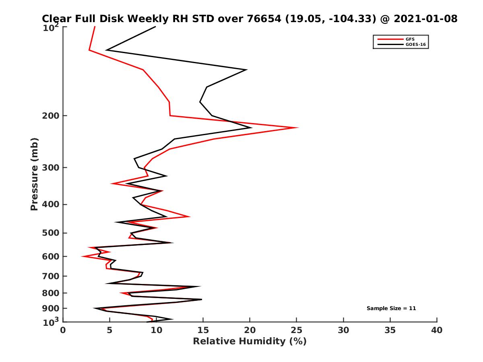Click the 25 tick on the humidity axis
click(297, 330)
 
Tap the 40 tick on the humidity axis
click(437, 330)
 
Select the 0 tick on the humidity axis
click(63, 330)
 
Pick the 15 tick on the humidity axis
click(203, 330)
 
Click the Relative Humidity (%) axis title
click(250, 341)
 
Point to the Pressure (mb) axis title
click(34, 174)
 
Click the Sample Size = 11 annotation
click(391, 309)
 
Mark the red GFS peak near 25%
click(297, 128)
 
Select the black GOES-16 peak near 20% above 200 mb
click(246, 70)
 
